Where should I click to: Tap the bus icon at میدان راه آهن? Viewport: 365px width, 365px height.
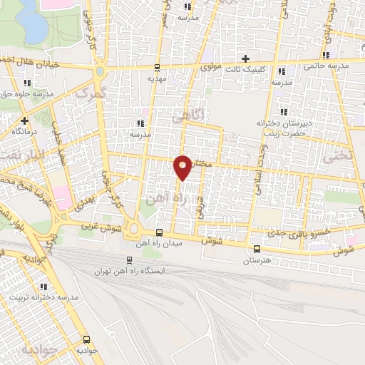(160, 232)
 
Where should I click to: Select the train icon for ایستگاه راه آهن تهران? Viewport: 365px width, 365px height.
(129, 260)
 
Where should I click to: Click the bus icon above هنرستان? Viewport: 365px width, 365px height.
(257, 249)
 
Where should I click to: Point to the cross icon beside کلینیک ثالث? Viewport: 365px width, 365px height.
(246, 58)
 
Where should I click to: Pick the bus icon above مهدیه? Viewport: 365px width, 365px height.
(157, 68)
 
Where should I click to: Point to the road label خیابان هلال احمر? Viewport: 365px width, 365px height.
(29, 58)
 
